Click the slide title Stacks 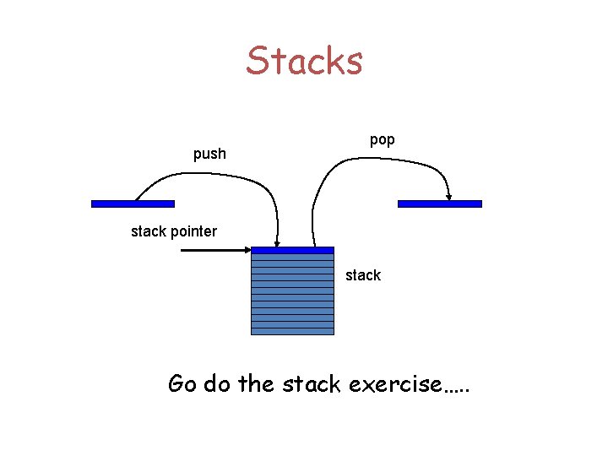pos(304,61)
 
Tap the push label pos(209,154)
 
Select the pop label pos(382,139)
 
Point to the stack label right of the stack pos(363,275)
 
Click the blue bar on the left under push pos(133,204)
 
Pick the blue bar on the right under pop pos(439,204)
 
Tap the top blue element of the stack pos(293,250)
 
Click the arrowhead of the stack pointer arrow pos(247,250)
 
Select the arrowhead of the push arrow pos(277,242)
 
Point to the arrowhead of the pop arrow pos(449,196)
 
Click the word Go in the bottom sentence pos(183,384)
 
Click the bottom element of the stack pos(293,331)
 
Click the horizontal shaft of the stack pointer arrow pos(211,250)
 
